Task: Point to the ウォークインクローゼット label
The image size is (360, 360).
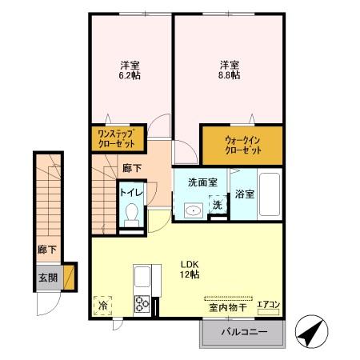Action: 242,144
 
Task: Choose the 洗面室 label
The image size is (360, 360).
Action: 202,182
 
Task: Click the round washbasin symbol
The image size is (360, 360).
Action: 192,210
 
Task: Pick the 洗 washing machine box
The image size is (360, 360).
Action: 218,205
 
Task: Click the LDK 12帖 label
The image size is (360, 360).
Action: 189,270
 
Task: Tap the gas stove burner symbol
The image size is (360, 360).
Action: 142,304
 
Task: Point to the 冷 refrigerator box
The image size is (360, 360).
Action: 103,305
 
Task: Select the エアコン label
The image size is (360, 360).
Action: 268,305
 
